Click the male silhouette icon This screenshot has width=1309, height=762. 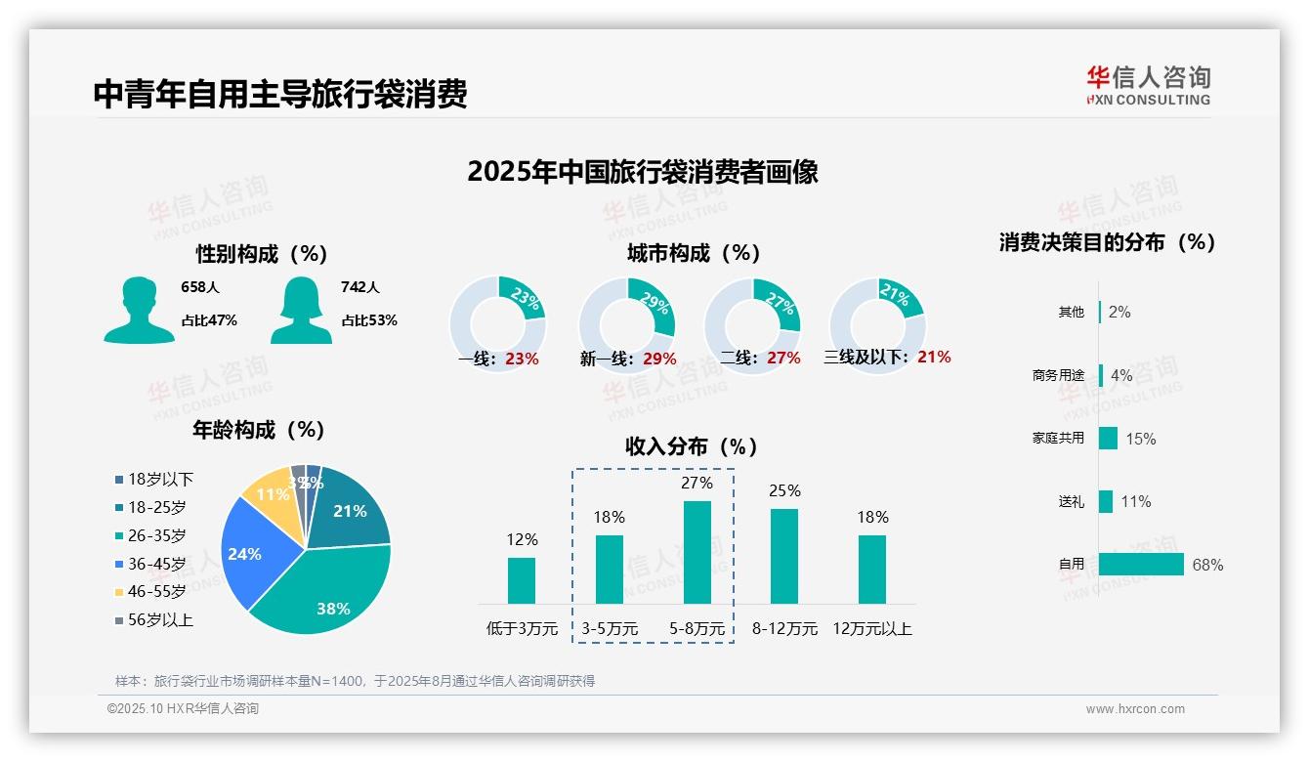(139, 310)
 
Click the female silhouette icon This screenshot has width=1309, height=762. (301, 310)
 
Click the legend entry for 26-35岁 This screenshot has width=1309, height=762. (156, 535)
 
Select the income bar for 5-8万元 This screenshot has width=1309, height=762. (697, 552)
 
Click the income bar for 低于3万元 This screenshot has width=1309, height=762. (522, 580)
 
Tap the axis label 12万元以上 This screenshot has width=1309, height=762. (872, 628)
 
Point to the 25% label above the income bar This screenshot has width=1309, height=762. (784, 490)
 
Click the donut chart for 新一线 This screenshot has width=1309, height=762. (626, 324)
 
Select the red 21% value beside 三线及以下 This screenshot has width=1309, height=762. (934, 357)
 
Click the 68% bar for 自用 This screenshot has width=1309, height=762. (1141, 565)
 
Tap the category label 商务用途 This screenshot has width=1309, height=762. (1058, 375)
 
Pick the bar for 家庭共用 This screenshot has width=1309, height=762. (1108, 438)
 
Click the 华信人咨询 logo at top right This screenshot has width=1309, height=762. (1149, 85)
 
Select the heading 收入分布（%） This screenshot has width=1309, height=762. (692, 446)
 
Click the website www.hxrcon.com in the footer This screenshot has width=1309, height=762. (1135, 709)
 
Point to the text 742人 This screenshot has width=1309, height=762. (360, 287)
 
